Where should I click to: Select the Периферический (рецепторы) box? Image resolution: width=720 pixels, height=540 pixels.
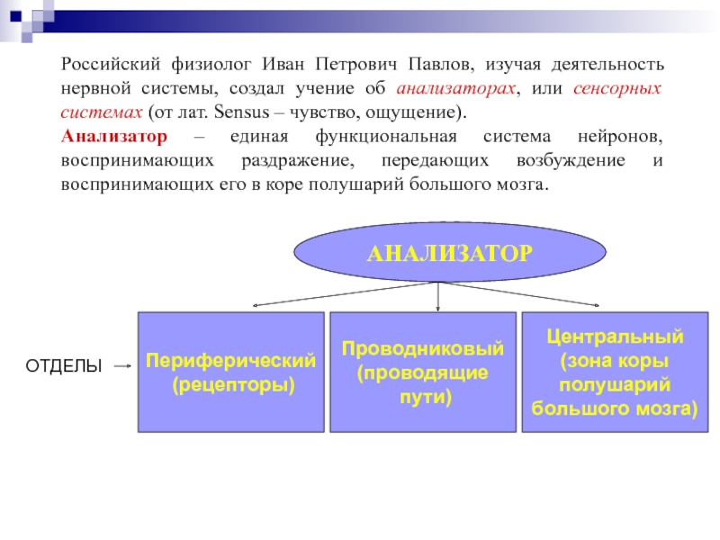coord(230,372)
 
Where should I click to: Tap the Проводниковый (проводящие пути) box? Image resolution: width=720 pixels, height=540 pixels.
coord(423,372)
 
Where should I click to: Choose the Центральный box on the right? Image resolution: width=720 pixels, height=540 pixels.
coord(616,372)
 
